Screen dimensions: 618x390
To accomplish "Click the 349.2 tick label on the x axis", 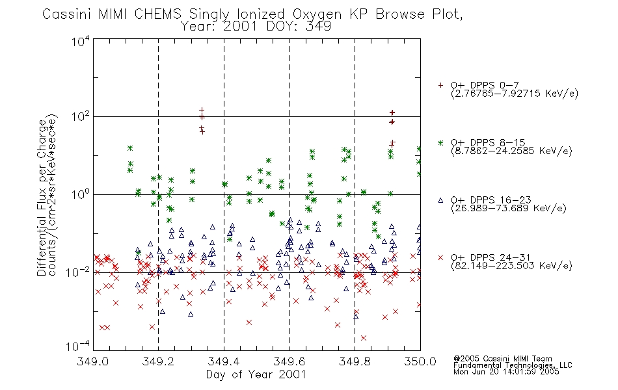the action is point(158,361).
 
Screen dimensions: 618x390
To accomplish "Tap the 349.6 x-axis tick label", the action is point(289,361).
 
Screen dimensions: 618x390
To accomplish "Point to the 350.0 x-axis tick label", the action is point(420,361).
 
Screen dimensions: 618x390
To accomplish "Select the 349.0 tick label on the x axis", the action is point(92,361).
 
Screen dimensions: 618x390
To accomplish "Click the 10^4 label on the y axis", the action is point(81,41).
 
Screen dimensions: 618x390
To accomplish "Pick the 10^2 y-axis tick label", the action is point(81,117).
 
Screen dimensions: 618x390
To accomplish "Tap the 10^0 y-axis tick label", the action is point(81,194).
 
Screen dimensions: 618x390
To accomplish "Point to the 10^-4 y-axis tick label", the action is point(78,346).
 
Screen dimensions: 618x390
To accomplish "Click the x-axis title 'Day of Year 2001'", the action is point(256,374).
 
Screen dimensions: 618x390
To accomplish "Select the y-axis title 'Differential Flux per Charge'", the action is point(42,198).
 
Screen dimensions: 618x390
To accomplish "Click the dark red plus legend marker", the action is point(440,85).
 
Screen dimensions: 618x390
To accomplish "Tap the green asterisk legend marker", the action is point(440,142).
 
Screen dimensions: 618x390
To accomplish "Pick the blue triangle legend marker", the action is point(440,200).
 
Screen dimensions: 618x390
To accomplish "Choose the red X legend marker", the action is point(440,257).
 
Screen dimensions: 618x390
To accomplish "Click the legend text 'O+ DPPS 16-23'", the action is point(491,200).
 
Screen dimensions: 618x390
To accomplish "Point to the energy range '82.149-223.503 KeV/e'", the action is point(511,266).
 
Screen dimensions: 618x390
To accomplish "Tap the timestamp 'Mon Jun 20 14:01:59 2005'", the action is point(506,372).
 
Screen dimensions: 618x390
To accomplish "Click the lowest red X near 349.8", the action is point(364,338).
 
